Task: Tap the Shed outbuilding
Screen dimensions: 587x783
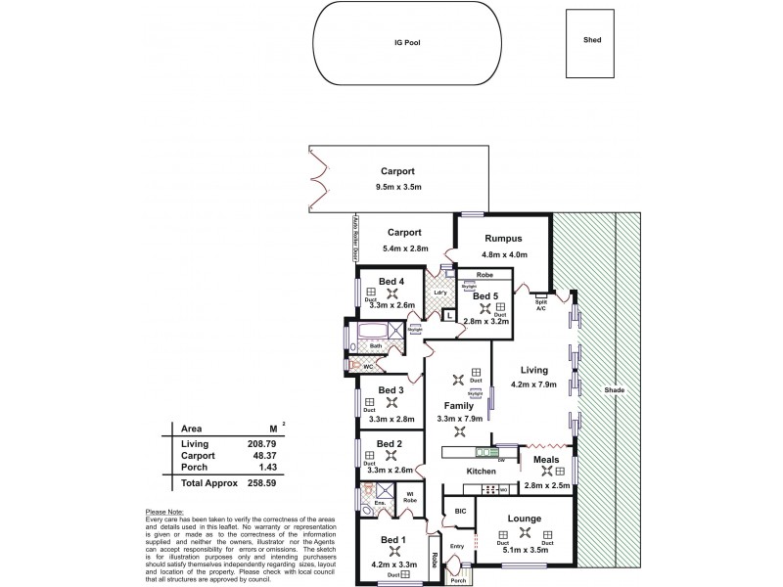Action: coord(592,42)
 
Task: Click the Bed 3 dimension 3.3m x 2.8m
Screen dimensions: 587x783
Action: coord(391,419)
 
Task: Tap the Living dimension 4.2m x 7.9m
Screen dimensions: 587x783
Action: coord(532,384)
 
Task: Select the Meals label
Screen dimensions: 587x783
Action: coord(546,456)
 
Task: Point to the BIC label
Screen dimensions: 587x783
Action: coord(458,511)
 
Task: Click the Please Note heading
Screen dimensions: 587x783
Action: coord(162,512)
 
